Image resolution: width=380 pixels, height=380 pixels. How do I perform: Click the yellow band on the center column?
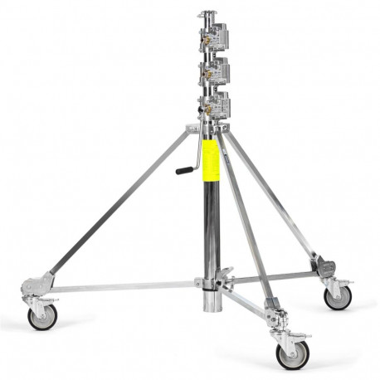pos(211,161)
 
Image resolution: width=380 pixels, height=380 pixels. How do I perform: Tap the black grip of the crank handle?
pos(183,171)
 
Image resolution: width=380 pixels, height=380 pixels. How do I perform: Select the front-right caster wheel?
pos(291,354)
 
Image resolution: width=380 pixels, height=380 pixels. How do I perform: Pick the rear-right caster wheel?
pos(338,297)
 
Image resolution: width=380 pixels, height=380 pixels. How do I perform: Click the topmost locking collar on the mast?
pos(214,37)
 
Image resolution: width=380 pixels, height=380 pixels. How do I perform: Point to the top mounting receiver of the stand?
pos(207,14)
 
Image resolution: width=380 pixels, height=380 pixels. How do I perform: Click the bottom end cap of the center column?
pos(212,304)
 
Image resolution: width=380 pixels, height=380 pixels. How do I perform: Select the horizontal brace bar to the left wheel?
pos(124,286)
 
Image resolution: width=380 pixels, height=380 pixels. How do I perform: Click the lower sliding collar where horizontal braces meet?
pos(212,281)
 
